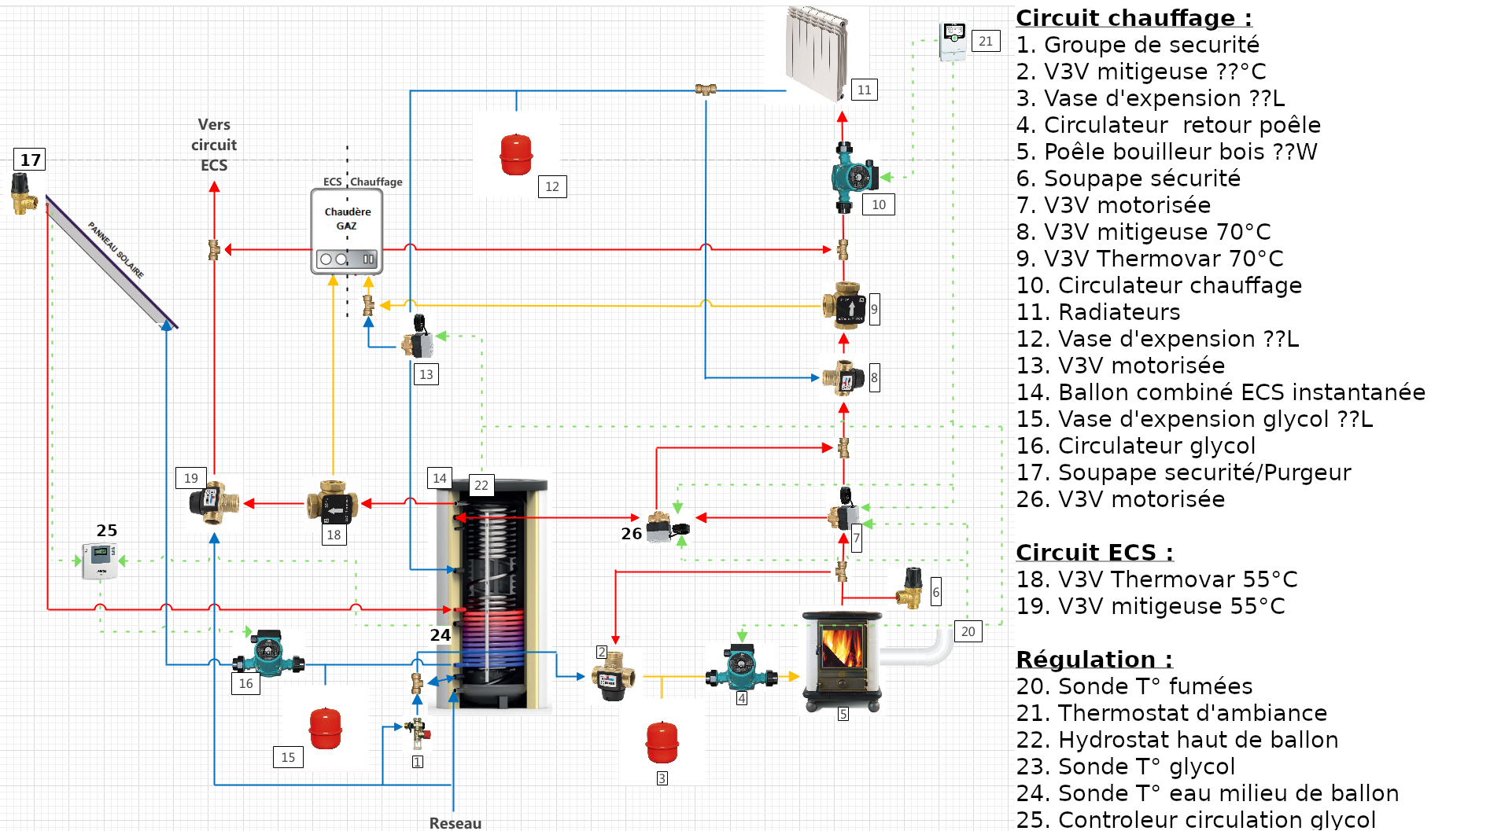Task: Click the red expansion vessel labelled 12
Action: point(516,155)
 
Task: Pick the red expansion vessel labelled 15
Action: point(325,729)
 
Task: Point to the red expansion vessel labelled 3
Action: point(662,742)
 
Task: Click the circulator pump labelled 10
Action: point(854,177)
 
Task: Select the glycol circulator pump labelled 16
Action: point(267,653)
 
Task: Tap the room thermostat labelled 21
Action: point(953,41)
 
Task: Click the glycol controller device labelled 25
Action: point(100,560)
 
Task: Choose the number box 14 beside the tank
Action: point(440,478)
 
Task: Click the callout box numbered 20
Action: point(968,631)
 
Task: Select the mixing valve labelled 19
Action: point(212,502)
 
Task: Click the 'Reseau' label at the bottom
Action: point(455,822)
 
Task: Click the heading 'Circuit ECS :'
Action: point(1094,553)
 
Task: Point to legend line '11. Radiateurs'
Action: point(1097,312)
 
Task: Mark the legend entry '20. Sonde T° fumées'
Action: point(1134,686)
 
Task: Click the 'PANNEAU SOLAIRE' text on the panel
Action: point(116,250)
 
